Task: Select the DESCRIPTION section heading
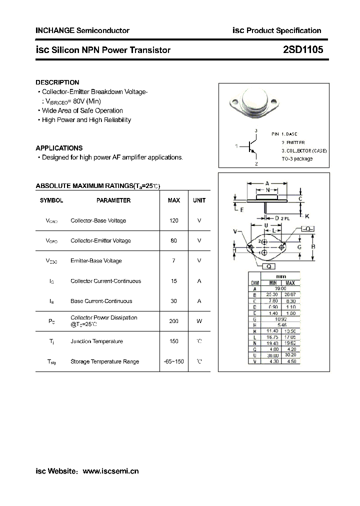(57, 82)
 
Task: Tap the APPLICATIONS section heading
(59, 148)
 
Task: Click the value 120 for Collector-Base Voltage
(173, 220)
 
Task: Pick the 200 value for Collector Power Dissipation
(173, 321)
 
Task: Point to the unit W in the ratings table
(199, 321)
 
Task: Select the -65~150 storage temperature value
(173, 361)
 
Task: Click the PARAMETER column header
(113, 200)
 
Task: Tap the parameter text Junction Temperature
(96, 341)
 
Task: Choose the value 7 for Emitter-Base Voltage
(173, 261)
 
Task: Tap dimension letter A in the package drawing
(267, 183)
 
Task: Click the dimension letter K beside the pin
(307, 216)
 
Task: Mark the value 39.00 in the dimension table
(280, 288)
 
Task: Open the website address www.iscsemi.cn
(110, 471)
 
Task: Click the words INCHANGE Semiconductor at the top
(82, 30)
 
